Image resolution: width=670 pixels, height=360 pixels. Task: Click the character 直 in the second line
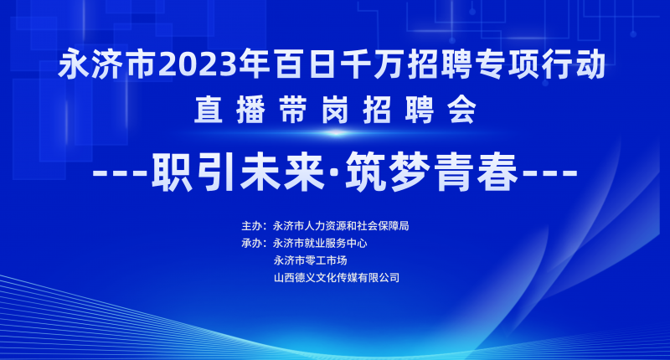point(209,110)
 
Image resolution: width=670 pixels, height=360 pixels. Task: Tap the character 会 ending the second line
point(462,110)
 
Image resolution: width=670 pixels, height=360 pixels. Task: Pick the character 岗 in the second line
point(335,110)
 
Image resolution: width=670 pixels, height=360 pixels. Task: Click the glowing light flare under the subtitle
point(336,133)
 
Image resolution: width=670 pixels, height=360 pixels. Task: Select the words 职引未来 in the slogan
point(239,172)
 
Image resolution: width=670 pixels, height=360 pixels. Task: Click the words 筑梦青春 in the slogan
point(432,172)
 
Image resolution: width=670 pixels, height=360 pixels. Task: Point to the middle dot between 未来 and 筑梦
point(336,173)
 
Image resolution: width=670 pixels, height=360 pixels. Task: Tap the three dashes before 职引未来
point(120,173)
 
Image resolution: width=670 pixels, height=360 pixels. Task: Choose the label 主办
point(252,226)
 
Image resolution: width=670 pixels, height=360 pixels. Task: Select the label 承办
point(252,244)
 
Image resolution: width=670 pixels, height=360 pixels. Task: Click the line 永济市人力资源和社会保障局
point(341,226)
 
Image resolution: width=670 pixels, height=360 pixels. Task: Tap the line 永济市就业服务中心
point(320,244)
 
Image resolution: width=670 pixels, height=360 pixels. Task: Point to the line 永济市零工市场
point(310,260)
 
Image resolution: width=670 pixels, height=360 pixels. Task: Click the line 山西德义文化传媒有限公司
point(337,278)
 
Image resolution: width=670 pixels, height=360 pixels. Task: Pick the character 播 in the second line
point(250,110)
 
